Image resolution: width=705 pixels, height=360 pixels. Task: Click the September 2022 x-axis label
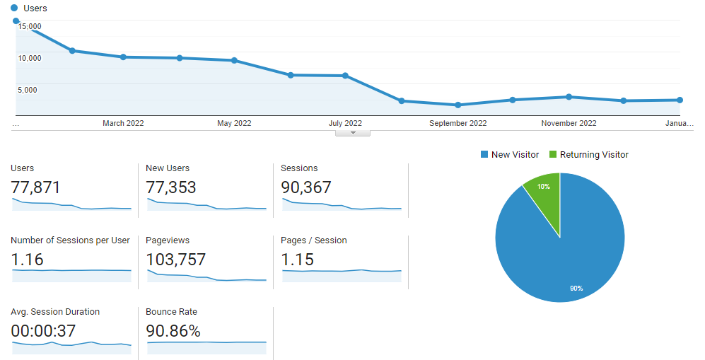click(x=458, y=123)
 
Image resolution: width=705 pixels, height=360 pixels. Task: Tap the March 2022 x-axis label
click(x=123, y=123)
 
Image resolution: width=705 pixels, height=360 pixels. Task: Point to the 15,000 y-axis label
click(x=29, y=27)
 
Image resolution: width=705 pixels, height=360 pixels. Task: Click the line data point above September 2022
click(x=458, y=105)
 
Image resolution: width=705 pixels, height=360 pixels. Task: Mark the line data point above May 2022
click(x=234, y=60)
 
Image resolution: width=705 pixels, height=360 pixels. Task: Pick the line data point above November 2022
click(x=569, y=97)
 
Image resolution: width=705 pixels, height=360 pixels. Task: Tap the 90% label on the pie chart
click(x=576, y=288)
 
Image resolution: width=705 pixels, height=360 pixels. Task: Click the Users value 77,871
click(x=36, y=187)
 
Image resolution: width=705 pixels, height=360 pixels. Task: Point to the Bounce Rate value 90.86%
click(x=173, y=331)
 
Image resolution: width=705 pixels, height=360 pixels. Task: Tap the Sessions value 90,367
click(x=306, y=187)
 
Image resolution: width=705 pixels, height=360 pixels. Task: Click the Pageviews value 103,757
click(x=175, y=260)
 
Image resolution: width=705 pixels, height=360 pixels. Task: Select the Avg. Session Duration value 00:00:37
click(x=43, y=331)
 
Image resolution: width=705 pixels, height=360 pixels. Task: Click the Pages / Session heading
click(x=314, y=240)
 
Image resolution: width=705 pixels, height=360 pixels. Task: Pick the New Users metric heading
click(x=168, y=168)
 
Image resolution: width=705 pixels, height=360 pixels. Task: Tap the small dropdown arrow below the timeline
click(x=352, y=133)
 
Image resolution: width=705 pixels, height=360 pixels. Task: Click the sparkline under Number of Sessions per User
click(x=71, y=275)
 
